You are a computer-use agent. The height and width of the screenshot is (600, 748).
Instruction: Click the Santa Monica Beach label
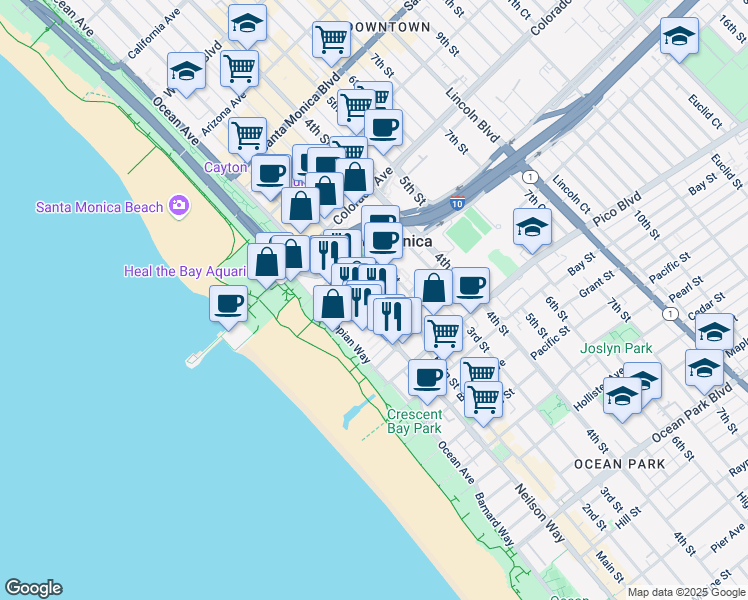(99, 207)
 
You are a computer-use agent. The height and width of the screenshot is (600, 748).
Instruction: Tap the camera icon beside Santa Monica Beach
(179, 206)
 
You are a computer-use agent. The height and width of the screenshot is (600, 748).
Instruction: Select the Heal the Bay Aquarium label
(184, 271)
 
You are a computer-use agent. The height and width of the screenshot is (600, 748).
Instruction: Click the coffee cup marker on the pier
(228, 303)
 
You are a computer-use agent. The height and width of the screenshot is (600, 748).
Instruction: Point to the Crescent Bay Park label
(414, 421)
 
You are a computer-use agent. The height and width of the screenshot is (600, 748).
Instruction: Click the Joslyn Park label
(616, 349)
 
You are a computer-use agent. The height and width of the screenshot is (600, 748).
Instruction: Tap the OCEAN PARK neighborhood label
(619, 464)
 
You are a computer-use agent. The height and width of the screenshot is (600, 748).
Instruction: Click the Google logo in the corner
(33, 588)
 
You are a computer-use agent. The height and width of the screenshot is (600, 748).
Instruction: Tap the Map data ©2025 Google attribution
(687, 592)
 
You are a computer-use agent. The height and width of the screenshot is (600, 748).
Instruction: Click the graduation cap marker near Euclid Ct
(679, 37)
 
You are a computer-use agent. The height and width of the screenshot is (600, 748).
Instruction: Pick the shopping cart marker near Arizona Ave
(238, 68)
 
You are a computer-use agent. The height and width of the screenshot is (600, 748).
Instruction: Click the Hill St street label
(627, 516)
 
